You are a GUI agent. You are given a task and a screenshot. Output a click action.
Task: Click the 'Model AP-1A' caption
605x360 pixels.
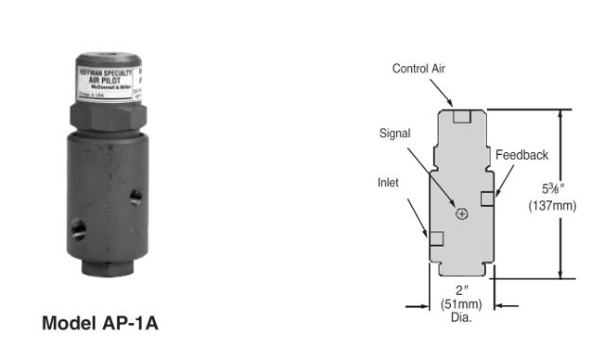(x=100, y=323)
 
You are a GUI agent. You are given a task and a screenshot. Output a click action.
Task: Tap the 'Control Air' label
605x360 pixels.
(x=420, y=68)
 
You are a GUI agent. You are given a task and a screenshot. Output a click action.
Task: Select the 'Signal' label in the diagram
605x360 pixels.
(x=395, y=133)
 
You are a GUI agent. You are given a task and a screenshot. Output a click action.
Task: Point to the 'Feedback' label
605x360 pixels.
(x=522, y=155)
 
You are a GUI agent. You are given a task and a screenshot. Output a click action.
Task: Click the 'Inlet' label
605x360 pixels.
(x=390, y=183)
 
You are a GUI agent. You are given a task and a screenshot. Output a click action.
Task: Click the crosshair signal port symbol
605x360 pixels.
(x=461, y=214)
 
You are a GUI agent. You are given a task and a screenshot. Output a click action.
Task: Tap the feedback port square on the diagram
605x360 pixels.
(x=487, y=198)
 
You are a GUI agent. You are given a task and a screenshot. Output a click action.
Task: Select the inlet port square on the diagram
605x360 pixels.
(x=436, y=237)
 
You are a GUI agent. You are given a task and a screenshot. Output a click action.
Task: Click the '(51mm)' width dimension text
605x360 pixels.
(x=460, y=304)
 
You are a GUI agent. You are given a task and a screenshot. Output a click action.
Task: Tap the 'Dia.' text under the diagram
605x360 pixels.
(x=460, y=317)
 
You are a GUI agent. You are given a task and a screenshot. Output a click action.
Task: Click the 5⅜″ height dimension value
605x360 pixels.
(x=552, y=189)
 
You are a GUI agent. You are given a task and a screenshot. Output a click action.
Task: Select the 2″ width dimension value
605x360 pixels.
(x=460, y=290)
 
